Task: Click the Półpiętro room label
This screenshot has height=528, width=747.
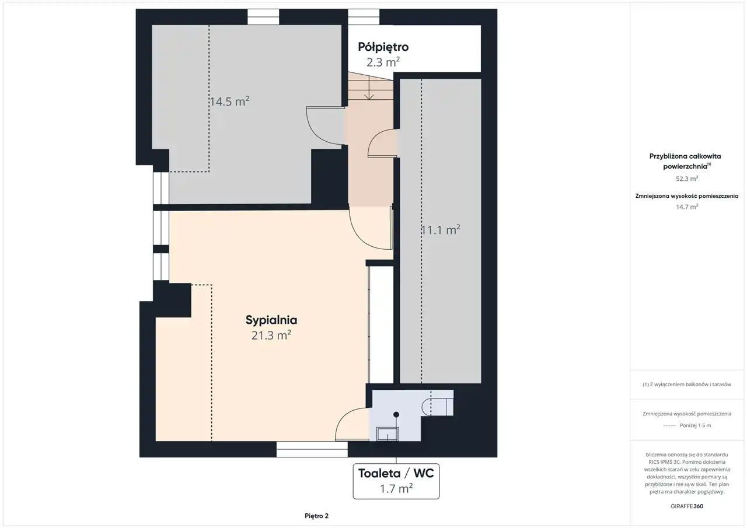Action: tap(383, 47)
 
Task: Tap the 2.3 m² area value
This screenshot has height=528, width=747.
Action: tap(383, 62)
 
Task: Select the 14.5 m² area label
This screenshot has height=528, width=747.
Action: tap(229, 102)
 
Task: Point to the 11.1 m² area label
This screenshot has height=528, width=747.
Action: tap(441, 230)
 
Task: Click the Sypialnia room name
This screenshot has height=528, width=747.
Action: tap(271, 320)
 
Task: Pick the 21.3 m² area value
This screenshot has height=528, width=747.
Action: tap(271, 335)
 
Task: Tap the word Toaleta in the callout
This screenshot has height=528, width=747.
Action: tap(379, 473)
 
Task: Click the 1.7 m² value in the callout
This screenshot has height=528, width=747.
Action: tap(396, 489)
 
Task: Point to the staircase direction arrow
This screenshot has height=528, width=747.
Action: tap(369, 88)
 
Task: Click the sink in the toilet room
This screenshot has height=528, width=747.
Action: tap(388, 434)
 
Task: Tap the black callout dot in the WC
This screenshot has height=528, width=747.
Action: tap(396, 415)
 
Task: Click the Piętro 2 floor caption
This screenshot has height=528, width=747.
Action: tap(316, 516)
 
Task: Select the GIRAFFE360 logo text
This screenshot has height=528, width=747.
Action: tap(687, 506)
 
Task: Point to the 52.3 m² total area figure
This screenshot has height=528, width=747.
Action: tap(687, 179)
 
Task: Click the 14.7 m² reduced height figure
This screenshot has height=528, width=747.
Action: tap(687, 207)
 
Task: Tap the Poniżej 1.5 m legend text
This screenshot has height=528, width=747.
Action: tap(695, 425)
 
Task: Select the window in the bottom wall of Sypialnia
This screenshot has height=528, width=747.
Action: tap(312, 449)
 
